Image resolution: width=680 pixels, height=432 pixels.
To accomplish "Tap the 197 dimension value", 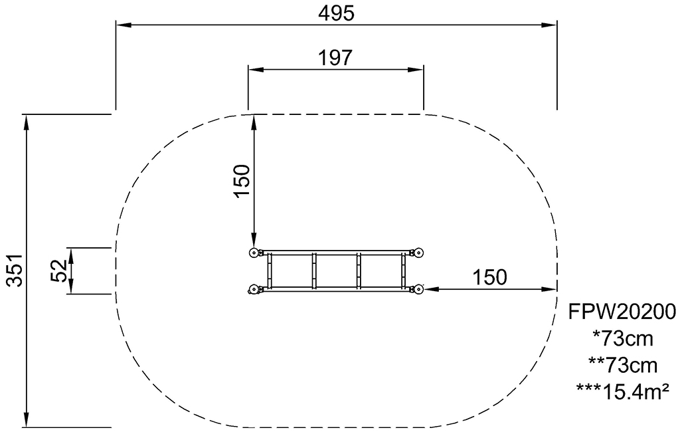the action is coord(335,57).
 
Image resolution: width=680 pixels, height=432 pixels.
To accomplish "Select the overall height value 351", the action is coord(16,270).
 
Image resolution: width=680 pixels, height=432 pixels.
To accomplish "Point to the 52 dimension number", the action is coord(58,270).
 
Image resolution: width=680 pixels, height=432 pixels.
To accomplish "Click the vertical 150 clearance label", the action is coord(242,180).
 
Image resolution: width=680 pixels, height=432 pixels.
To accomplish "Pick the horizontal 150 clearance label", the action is coord(489,276).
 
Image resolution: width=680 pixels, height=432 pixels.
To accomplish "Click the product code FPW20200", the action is coord(622,311).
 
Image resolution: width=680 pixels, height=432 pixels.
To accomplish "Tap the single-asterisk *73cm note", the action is coord(622,339).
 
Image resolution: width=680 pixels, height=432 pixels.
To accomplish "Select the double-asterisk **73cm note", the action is coord(623,366).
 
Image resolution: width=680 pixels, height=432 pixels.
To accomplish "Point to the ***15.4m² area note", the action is coord(622,391).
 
